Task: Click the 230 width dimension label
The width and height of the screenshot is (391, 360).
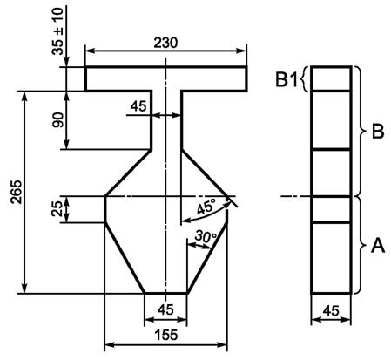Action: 165,43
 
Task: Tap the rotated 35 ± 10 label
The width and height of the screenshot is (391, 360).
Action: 57,31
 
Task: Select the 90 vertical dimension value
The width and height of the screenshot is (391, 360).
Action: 57,119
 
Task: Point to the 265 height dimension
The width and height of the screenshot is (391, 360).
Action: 16,192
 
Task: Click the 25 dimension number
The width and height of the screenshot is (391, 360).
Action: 57,209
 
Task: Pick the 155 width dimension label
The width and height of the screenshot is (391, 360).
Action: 166,335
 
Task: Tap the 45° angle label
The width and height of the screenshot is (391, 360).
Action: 206,207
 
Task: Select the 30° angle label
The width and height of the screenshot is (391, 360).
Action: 206,236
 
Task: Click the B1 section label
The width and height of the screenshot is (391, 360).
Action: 287,79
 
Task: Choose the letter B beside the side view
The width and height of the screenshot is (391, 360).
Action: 378,132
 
